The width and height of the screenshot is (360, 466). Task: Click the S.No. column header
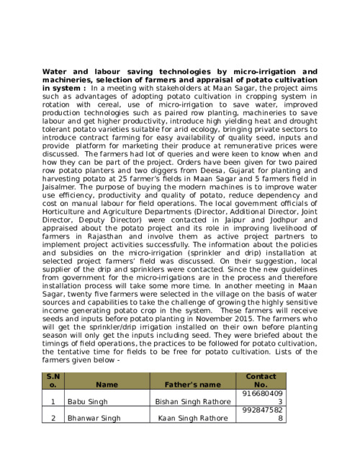point(53,380)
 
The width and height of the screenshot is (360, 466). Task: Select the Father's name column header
point(192,385)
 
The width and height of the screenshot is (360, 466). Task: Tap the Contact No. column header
point(261,380)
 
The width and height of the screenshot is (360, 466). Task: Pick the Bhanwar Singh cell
point(94,418)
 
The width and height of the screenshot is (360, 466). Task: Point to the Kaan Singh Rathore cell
point(192,418)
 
